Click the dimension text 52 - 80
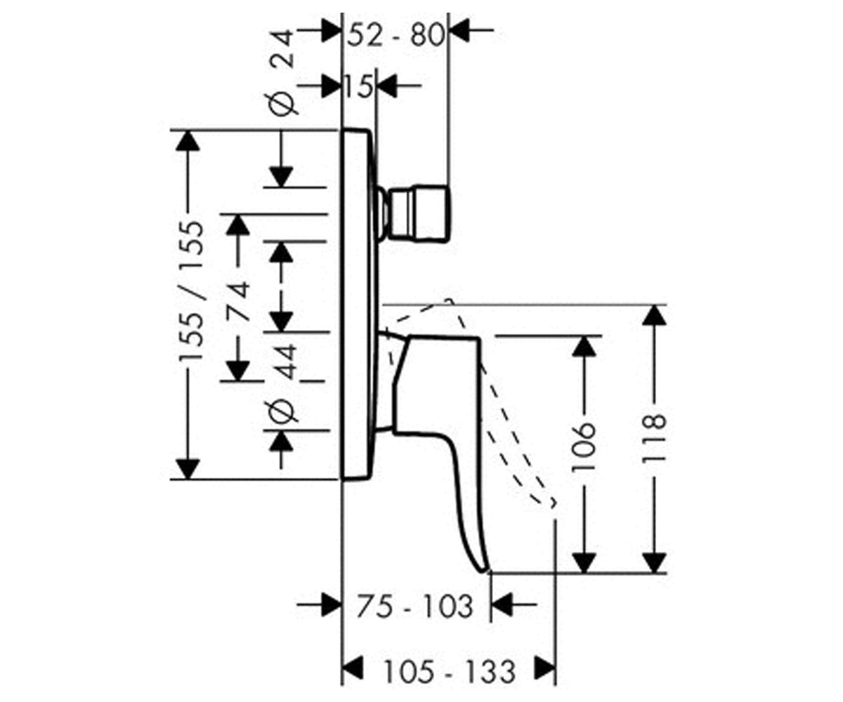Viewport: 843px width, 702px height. [x=396, y=36]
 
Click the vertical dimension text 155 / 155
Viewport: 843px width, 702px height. [x=190, y=291]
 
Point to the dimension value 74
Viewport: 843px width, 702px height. [x=237, y=301]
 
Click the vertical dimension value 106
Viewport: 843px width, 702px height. [x=584, y=446]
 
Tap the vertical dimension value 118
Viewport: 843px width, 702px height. [x=653, y=439]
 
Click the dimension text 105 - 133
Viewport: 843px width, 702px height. [x=450, y=672]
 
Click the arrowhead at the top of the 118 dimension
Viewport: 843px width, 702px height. [x=654, y=315]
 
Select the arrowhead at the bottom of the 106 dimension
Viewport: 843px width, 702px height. [x=584, y=562]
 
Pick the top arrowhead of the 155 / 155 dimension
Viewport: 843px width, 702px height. [x=188, y=141]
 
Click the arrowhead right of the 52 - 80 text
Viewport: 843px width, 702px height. [x=459, y=30]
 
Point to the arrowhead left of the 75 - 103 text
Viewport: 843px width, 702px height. [x=331, y=604]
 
